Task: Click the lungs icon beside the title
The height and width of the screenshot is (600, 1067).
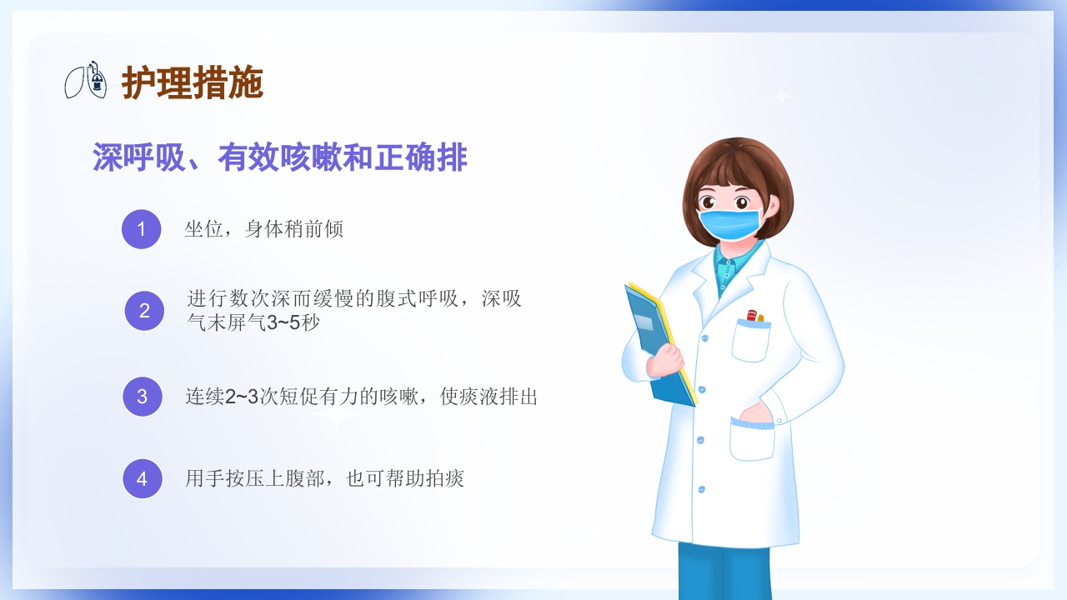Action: click(87, 80)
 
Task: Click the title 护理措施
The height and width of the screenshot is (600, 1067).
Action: click(193, 82)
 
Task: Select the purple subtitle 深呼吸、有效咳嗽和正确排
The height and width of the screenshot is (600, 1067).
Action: click(279, 157)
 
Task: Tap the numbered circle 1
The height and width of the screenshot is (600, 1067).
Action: click(141, 229)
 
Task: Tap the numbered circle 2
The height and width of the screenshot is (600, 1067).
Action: click(144, 311)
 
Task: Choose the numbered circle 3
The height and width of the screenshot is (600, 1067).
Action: click(143, 397)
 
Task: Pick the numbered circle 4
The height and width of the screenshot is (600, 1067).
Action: click(143, 478)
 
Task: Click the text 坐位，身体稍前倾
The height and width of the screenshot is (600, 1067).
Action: click(263, 229)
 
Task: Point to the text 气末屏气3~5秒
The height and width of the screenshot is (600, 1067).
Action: click(253, 322)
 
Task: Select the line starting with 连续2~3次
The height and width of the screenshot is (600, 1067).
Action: click(361, 397)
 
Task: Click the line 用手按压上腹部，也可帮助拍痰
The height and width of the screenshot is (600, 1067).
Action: click(324, 478)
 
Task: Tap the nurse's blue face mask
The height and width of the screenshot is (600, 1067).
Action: click(729, 223)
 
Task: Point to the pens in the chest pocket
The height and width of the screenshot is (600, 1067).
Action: click(754, 317)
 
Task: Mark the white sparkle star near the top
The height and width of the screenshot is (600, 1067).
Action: click(781, 97)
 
